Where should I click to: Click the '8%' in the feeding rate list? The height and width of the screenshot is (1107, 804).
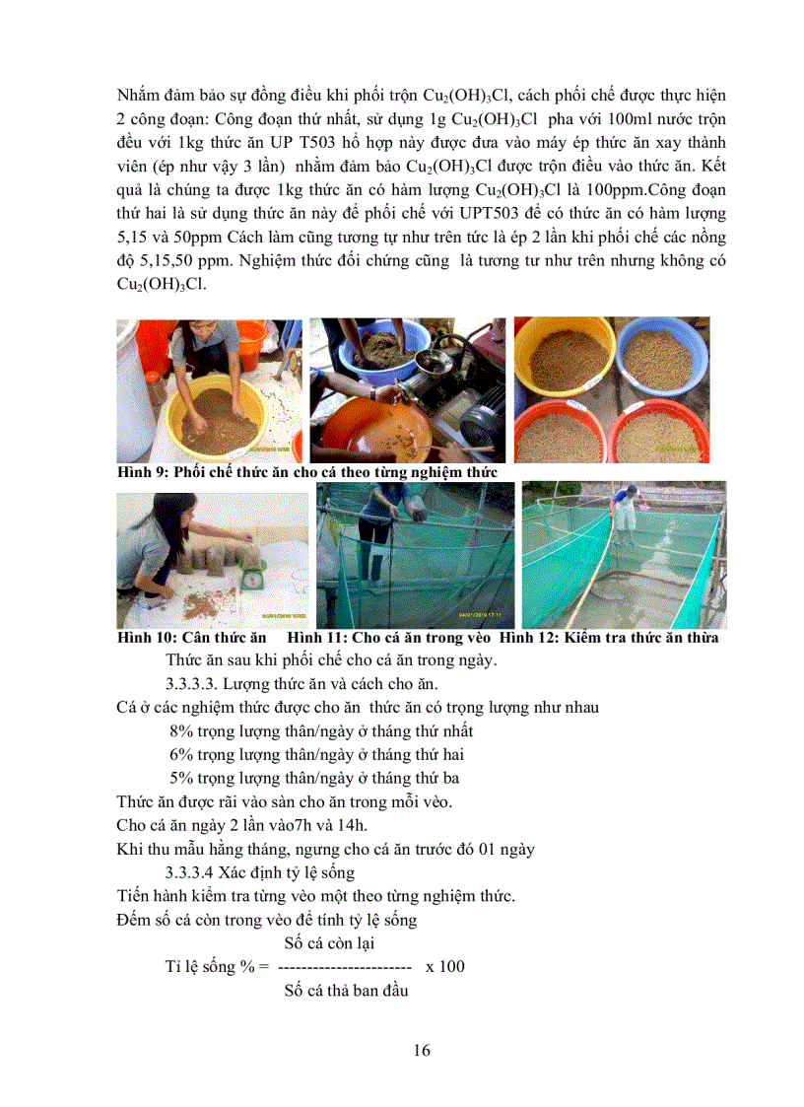(x=182, y=731)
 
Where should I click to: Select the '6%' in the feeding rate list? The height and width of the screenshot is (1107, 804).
(x=182, y=754)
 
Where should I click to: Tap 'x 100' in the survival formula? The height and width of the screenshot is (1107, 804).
(x=445, y=966)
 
